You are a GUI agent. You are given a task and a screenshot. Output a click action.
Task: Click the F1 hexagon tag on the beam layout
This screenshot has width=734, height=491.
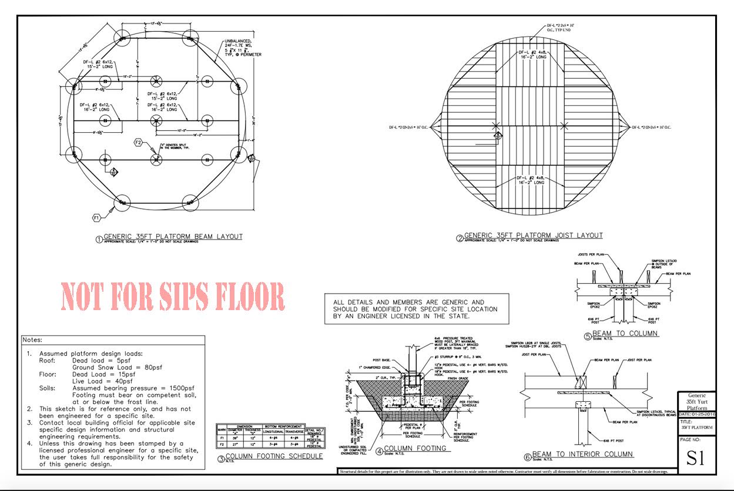pos(98,218)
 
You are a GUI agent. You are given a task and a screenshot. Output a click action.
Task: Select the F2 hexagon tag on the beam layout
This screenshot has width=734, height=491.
pos(139,142)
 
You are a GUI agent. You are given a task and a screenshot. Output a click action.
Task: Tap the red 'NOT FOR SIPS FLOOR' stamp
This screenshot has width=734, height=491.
pos(172,296)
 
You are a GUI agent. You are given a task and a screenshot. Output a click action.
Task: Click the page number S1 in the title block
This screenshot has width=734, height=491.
pos(696,458)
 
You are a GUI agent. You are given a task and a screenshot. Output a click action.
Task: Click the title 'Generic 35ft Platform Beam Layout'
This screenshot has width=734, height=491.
pos(173,237)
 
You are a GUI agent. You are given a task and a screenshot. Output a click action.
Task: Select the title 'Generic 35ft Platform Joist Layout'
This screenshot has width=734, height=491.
pos(533,236)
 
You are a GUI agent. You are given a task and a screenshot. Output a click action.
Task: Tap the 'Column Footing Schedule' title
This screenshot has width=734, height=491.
pos(274,456)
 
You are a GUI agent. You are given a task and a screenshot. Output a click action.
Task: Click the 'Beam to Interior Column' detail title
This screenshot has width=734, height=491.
pos(582,454)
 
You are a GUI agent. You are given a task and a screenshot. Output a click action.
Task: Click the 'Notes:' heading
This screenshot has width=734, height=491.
pos(33,340)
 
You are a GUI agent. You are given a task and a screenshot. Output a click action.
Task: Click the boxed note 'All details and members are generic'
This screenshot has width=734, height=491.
pos(415,309)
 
